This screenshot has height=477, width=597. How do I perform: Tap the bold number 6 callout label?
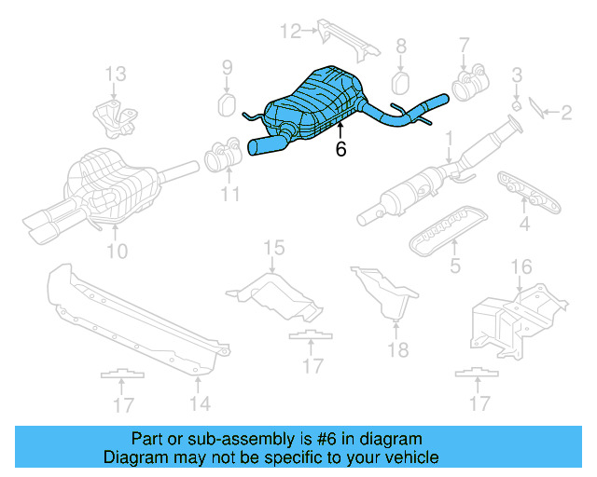pyautogui.click(x=340, y=148)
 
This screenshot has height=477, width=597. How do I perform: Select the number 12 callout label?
pyautogui.click(x=292, y=32)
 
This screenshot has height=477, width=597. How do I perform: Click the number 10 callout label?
pyautogui.click(x=116, y=250)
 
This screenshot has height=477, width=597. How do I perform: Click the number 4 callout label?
pyautogui.click(x=524, y=224)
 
